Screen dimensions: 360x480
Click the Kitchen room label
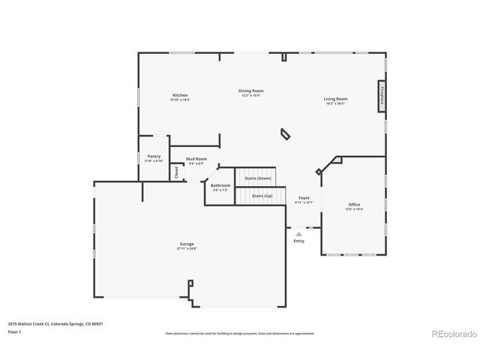pyautogui.click(x=180, y=96)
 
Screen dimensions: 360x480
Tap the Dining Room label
pyautogui.click(x=251, y=91)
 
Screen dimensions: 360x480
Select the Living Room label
pyautogui.click(x=335, y=99)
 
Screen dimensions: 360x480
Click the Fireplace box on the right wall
pyautogui.click(x=382, y=97)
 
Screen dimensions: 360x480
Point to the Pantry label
pyautogui.click(x=154, y=157)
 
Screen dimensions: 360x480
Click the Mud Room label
pyautogui.click(x=196, y=160)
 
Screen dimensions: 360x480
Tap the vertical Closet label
pyautogui.click(x=176, y=172)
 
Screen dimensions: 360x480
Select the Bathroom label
pyautogui.click(x=220, y=185)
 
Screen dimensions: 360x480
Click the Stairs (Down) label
pyautogui.click(x=258, y=178)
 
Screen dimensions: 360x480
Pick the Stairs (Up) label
pyautogui.click(x=262, y=196)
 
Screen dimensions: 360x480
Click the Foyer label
pyautogui.click(x=304, y=198)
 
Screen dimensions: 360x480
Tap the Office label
pyautogui.click(x=354, y=205)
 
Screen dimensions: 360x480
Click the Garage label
pyautogui.click(x=187, y=244)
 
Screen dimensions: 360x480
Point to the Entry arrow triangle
pyautogui.click(x=298, y=234)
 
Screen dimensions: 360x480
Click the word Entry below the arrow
pyautogui.click(x=298, y=241)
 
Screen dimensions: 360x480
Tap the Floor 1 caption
pyautogui.click(x=14, y=331)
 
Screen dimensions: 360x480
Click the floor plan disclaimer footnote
pyautogui.click(x=239, y=333)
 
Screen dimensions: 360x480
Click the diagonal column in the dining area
pyautogui.click(x=286, y=133)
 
